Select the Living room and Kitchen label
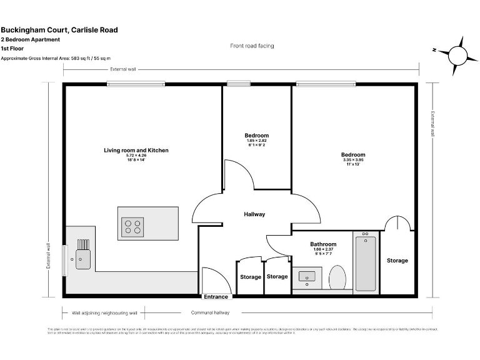coord(136,151)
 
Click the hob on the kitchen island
coord(133,226)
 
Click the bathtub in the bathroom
coord(365,262)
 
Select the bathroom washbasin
coord(307,276)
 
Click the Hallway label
coord(254,214)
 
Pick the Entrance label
coord(216,297)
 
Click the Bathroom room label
coord(323,244)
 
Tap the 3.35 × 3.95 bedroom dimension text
coord(353,160)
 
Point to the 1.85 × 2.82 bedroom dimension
coord(256,141)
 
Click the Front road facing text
coord(252,46)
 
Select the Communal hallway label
coord(210,312)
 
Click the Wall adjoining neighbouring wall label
coord(104,312)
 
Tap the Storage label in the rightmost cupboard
coord(397,261)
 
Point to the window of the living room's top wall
coord(136,84)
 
